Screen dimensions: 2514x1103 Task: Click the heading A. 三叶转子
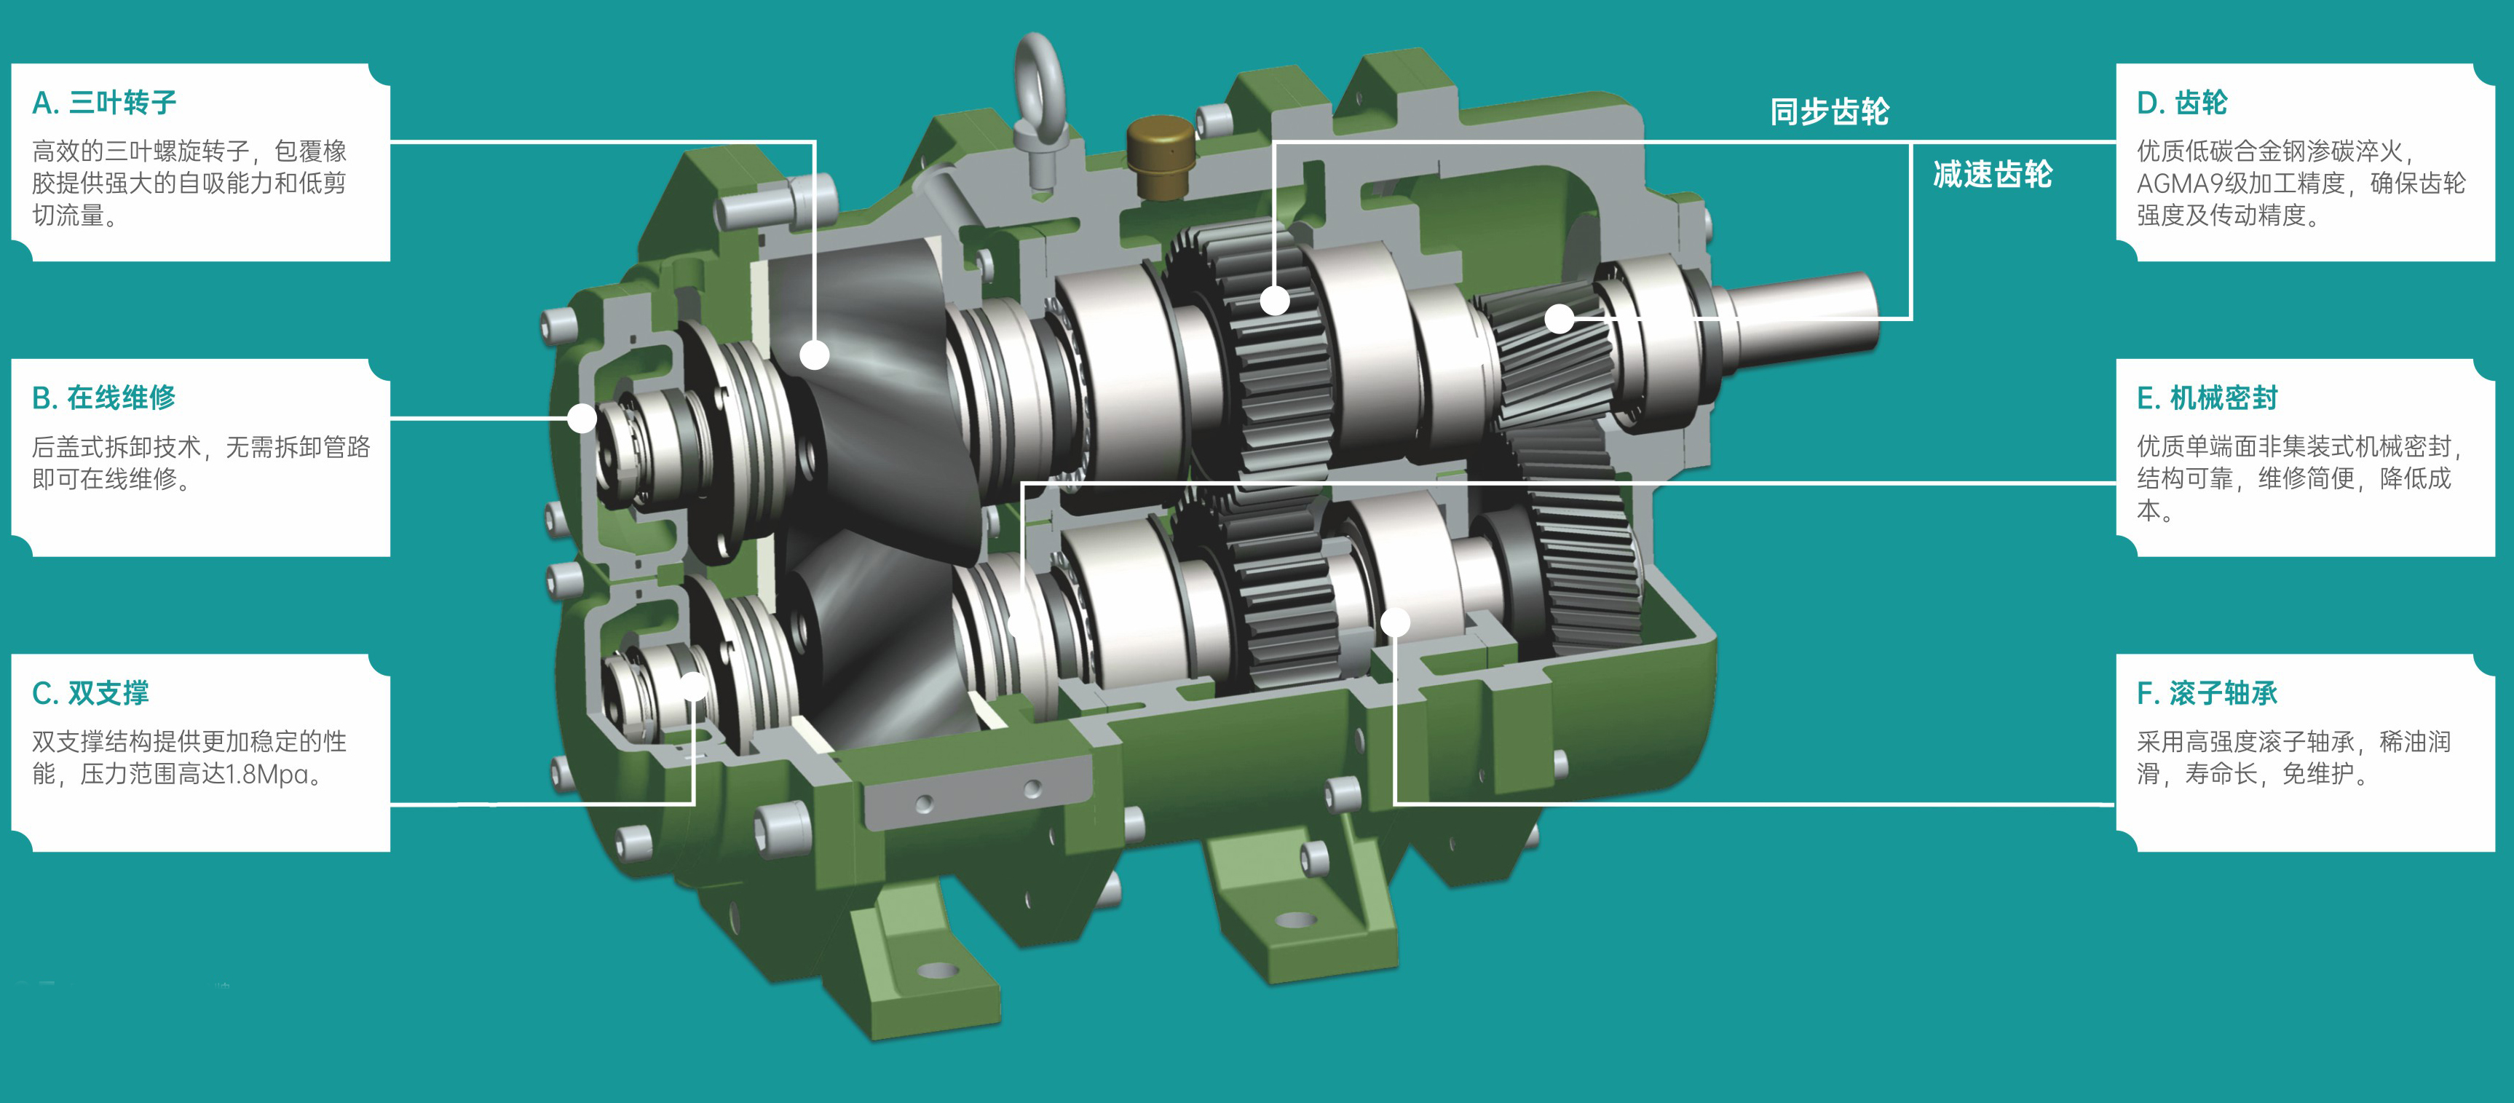pos(104,103)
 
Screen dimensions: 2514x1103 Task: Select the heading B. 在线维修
pos(103,398)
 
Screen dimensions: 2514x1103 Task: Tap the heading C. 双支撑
pos(91,693)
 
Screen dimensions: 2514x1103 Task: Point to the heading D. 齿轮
pos(2182,103)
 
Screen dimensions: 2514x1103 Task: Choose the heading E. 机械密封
pos(2207,398)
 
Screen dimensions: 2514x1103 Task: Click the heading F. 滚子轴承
pos(2207,693)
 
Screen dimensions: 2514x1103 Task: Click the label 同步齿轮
pos(1830,111)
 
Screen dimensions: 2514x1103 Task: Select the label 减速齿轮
pos(1993,174)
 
